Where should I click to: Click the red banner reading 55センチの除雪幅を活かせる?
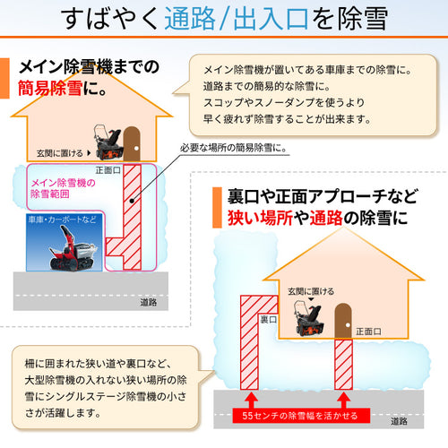(301, 416)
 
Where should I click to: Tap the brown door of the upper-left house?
(132, 144)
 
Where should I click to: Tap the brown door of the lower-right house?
(343, 321)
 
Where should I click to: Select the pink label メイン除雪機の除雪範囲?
(63, 188)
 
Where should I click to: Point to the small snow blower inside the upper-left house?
(108, 142)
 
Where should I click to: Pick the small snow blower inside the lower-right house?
(308, 319)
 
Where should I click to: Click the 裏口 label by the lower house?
(269, 320)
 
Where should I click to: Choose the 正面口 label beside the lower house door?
(368, 332)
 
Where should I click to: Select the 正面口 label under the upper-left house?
(108, 170)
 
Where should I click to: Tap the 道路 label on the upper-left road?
(149, 303)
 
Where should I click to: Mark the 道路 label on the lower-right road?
(399, 421)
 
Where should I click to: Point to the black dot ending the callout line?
(132, 201)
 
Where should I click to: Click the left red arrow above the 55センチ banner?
(251, 401)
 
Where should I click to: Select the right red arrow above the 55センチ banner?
(343, 401)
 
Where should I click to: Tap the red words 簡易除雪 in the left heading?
(50, 88)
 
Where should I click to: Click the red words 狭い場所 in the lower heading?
(260, 218)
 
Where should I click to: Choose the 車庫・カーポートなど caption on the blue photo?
(62, 220)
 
